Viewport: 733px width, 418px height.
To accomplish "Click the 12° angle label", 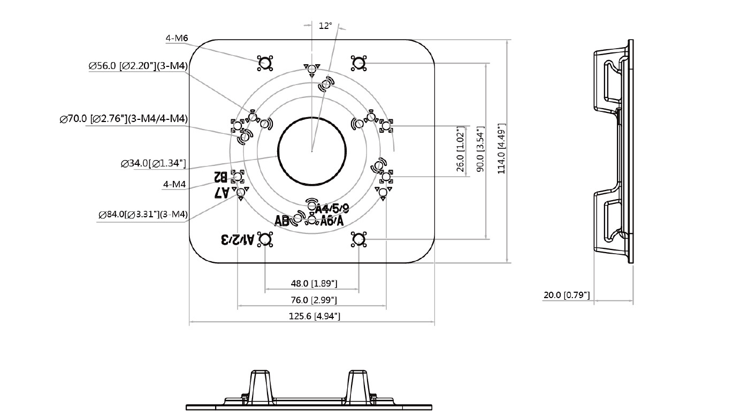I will click(325, 26).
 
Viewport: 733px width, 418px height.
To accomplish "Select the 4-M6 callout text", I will click(177, 38).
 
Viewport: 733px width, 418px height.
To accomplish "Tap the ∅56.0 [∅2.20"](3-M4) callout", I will click(138, 66).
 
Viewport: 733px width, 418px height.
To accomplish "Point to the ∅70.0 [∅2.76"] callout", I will click(124, 119).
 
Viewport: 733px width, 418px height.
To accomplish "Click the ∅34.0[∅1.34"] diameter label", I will click(154, 163).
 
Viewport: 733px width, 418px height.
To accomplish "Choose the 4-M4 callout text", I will click(174, 185).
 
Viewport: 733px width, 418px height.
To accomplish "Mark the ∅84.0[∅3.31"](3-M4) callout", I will click(143, 215).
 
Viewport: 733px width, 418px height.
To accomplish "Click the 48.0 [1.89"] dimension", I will click(314, 283).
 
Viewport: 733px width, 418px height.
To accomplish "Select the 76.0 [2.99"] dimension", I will click(314, 300).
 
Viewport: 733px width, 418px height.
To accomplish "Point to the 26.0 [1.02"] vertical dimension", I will click(460, 149).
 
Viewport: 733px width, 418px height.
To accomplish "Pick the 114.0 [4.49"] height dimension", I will click(501, 149).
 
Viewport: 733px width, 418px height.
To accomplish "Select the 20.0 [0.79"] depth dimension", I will click(567, 295).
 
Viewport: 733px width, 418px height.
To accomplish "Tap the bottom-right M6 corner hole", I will click(358, 239).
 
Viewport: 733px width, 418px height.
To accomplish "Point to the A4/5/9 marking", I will click(332, 208).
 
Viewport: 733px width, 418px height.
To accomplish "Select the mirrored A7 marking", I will click(222, 192).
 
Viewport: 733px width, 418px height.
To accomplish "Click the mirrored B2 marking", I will click(220, 176).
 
